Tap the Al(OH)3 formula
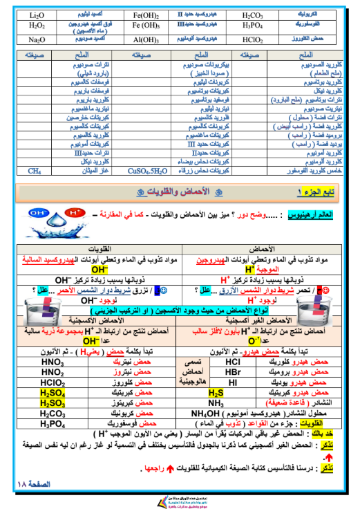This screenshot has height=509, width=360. point(146,39)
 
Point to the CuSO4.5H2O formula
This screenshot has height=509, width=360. point(146,169)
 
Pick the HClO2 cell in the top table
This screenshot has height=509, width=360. point(252,39)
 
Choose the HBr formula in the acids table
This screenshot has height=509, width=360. point(233,371)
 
